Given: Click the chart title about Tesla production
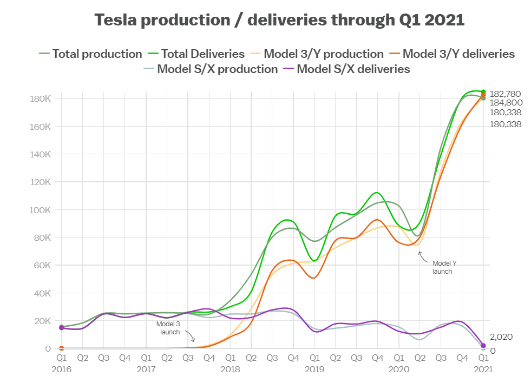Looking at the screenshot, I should click(280, 20).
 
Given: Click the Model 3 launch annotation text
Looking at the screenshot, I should click(169, 327).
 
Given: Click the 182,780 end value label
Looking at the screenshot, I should click(506, 94).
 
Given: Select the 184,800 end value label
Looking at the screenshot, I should click(506, 102).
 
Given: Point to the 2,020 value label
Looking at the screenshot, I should click(501, 337).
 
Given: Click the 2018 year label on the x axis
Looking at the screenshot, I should click(230, 370).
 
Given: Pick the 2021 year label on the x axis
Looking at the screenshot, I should click(483, 370).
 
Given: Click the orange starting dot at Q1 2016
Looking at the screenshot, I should click(62, 348).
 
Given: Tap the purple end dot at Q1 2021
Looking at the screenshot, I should click(483, 346).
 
